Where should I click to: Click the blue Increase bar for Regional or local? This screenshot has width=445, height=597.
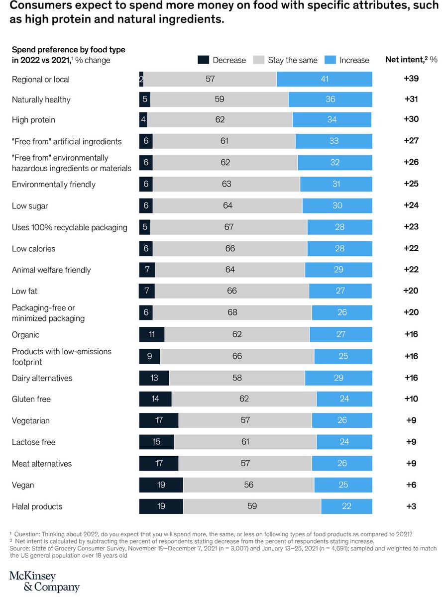tap(325, 79)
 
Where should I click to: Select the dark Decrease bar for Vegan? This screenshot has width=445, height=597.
tap(161, 485)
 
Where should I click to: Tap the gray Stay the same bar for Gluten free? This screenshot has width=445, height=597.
tap(244, 399)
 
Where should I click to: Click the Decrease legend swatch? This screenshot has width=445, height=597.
tap(203, 60)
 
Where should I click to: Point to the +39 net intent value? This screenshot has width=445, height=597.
tap(411, 79)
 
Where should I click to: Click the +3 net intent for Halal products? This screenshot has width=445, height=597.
tap(411, 506)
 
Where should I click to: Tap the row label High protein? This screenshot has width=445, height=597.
tap(33, 120)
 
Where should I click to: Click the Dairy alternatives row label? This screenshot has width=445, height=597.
tap(42, 378)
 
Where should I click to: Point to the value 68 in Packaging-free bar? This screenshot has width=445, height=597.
tap(232, 312)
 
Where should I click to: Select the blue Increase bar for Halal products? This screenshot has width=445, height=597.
tap(346, 506)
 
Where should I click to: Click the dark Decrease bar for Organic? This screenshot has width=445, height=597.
tap(152, 334)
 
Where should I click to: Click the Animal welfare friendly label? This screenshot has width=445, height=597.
tap(51, 270)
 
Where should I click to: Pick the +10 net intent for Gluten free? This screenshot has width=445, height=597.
tap(411, 399)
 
